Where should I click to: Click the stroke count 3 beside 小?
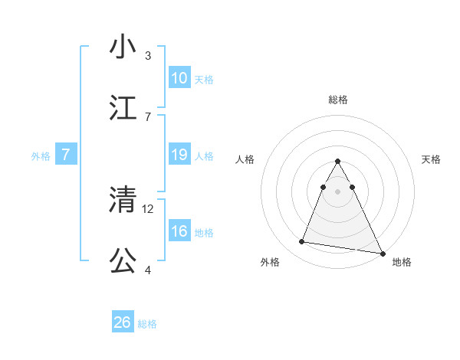point(148,55)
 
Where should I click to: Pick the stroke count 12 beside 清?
point(149,208)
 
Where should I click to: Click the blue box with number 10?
point(179,78)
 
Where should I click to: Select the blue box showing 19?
point(179,155)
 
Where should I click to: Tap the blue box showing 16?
point(179,231)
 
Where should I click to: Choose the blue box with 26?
point(123,322)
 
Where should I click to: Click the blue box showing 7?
point(66,155)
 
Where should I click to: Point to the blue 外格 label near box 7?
point(41,156)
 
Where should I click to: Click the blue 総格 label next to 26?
point(147,324)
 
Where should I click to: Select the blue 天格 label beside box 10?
point(204,80)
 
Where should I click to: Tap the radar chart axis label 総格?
point(338,100)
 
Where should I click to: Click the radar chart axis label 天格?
point(432,159)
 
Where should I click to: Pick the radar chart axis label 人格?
point(245,159)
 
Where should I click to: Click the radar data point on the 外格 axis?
point(302,242)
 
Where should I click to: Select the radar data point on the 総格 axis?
point(338,161)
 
